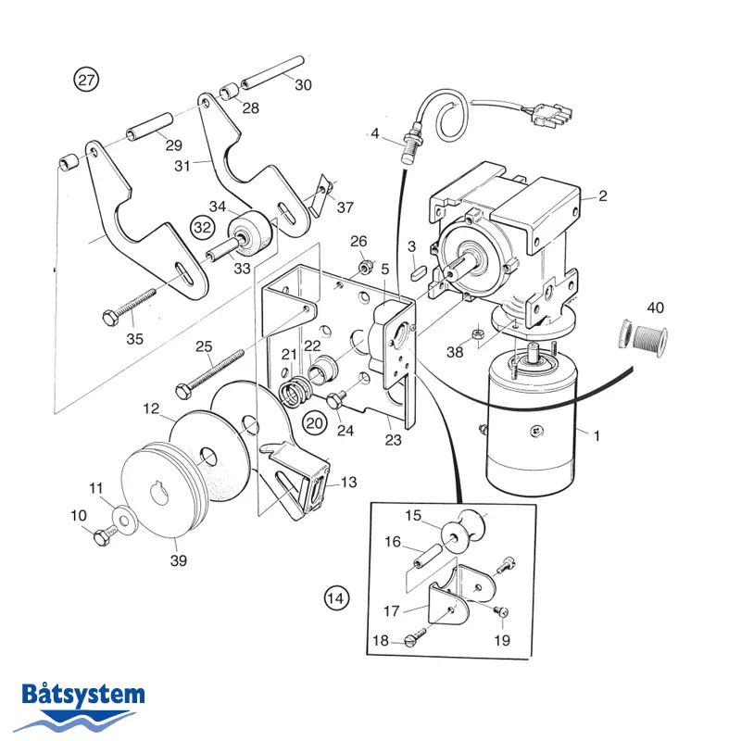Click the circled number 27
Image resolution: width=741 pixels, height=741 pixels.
[x=86, y=80]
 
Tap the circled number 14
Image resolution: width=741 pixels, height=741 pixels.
[x=336, y=598]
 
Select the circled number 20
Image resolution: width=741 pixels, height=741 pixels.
[x=315, y=423]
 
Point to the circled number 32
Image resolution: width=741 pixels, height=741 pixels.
[x=202, y=227]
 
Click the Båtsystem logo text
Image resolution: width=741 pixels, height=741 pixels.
[x=83, y=694]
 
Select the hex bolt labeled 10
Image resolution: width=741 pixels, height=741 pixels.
[x=106, y=535]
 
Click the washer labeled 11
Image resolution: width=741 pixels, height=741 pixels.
[x=124, y=521]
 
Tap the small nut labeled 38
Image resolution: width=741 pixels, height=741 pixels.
[x=477, y=334]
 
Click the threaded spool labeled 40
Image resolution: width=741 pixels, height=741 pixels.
[x=643, y=338]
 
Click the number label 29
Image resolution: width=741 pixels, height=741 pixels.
[x=173, y=145]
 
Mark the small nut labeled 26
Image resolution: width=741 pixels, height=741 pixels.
[x=364, y=267]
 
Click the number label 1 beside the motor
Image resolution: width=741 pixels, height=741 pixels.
[x=597, y=435]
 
